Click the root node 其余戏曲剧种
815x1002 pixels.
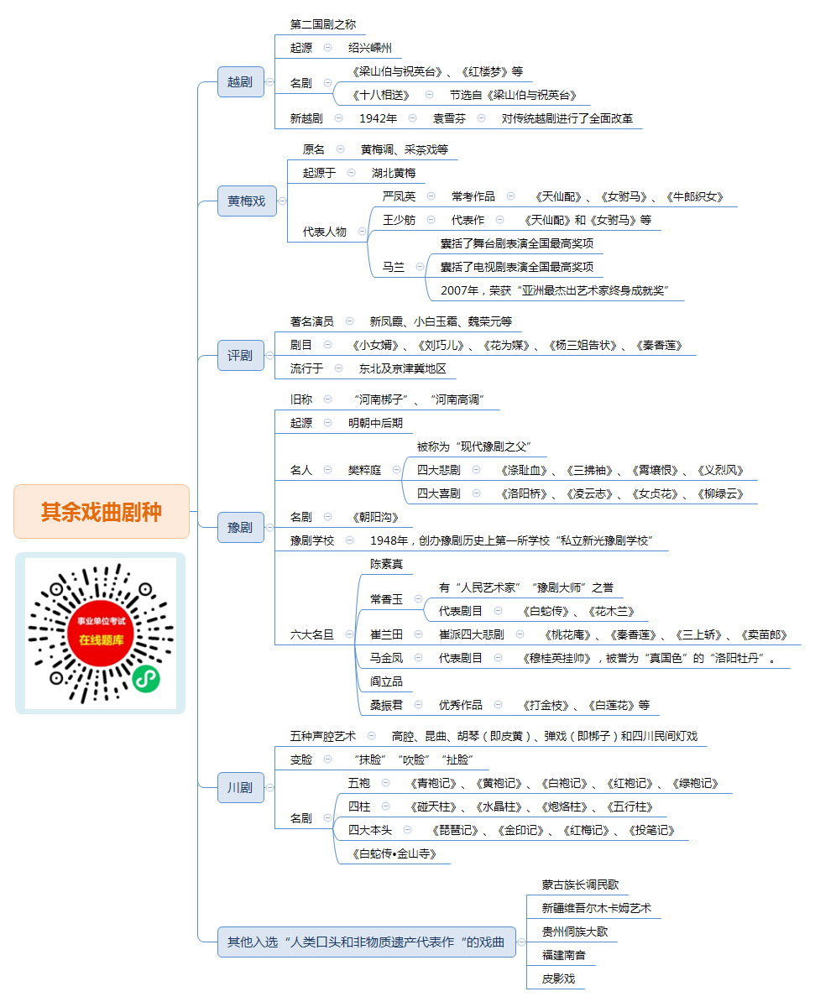[102, 511]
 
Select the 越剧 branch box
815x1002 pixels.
[240, 81]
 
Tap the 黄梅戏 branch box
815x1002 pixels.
[247, 201]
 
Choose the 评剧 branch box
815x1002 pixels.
[240, 355]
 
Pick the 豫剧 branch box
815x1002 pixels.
[240, 527]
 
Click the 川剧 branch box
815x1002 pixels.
[240, 787]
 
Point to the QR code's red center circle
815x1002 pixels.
[101, 634]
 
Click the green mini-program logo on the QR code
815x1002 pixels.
[146, 679]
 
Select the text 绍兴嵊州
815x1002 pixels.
[370, 48]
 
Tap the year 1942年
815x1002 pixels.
[378, 118]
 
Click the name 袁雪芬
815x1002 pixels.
[449, 118]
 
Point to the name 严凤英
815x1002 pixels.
[399, 196]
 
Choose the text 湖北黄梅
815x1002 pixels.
[394, 173]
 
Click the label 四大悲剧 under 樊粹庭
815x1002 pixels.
[438, 470]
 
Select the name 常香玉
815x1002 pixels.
[387, 599]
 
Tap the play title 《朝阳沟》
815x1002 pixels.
[375, 517]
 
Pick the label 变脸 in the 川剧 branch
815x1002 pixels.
[301, 759]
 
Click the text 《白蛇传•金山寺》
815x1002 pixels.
[394, 853]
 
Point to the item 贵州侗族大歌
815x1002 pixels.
[575, 932]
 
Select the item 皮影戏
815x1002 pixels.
[559, 979]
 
